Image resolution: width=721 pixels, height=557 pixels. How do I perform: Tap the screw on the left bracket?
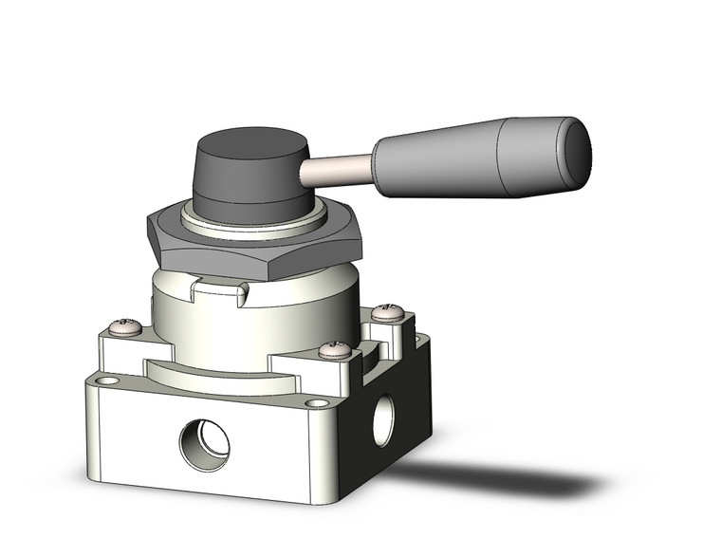click(x=126, y=327)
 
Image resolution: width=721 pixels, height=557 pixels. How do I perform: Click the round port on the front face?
click(x=204, y=439)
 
